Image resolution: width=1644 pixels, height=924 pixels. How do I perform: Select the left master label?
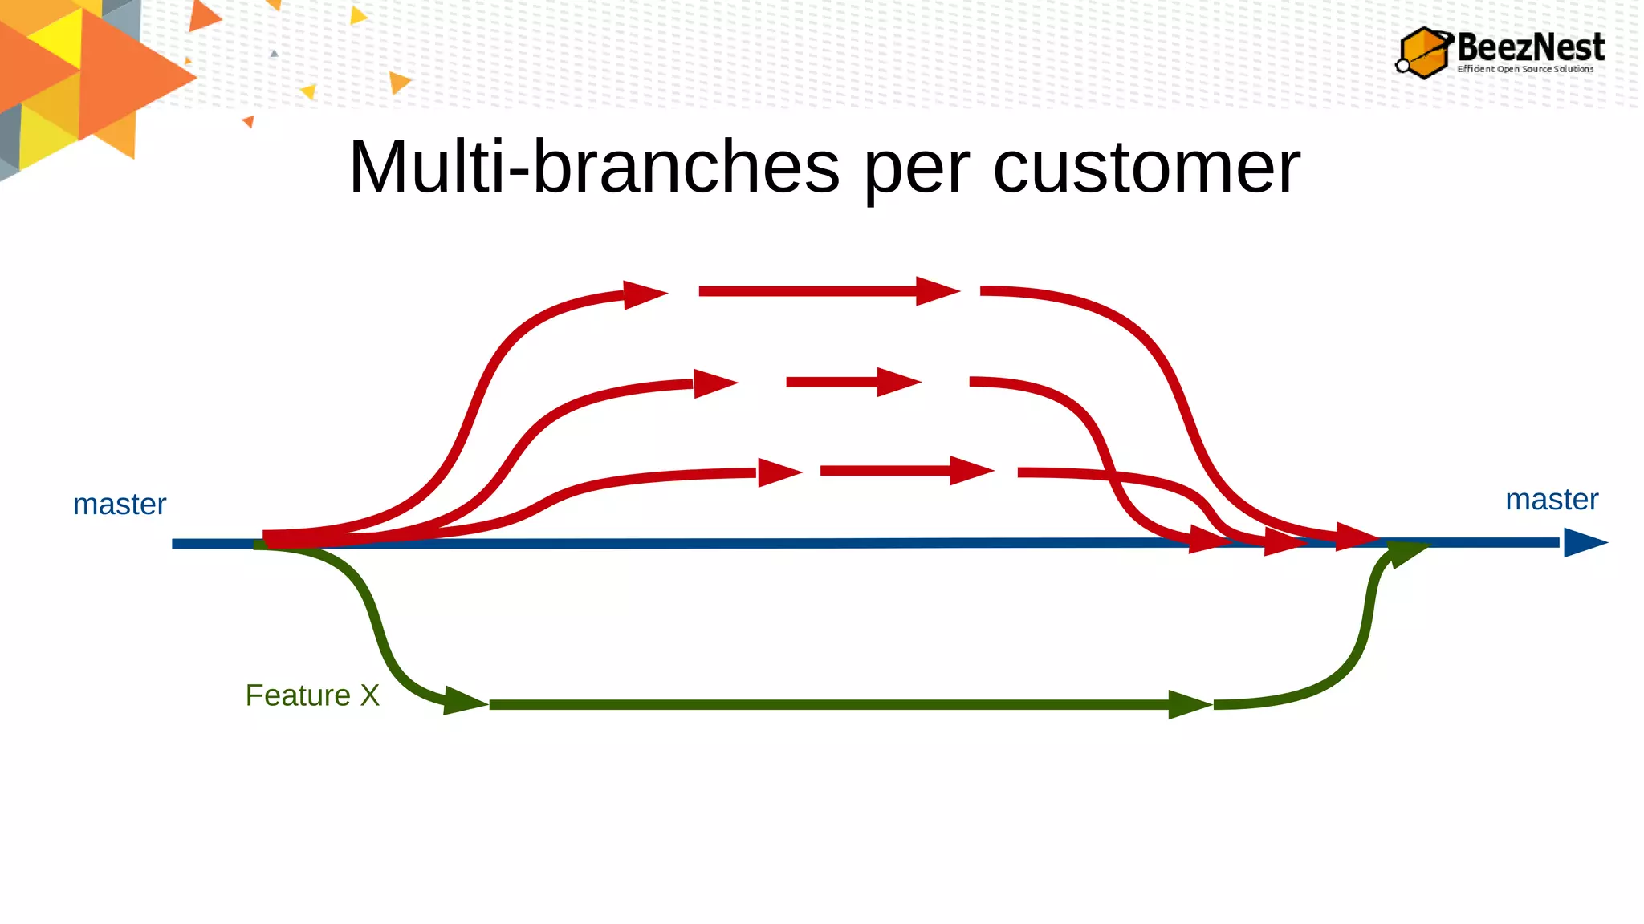(x=120, y=505)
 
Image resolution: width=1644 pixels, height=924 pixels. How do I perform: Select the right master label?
(x=1551, y=500)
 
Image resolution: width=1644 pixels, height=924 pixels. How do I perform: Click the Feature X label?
(x=312, y=695)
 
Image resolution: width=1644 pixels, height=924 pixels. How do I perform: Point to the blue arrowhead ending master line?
(x=1583, y=543)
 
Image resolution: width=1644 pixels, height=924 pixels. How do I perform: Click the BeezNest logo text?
(x=1530, y=47)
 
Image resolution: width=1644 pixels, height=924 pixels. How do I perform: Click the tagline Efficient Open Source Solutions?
(x=1525, y=70)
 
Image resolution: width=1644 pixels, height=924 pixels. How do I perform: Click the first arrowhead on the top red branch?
(x=644, y=294)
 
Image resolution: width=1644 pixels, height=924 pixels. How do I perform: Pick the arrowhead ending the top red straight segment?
(x=936, y=291)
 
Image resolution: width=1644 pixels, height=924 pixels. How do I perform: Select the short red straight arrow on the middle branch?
(x=851, y=382)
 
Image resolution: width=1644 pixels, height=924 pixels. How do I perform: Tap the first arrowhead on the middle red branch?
(x=714, y=383)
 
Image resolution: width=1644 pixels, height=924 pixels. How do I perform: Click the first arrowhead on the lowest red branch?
(x=778, y=472)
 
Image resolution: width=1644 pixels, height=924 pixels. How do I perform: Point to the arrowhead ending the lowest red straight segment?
(x=970, y=471)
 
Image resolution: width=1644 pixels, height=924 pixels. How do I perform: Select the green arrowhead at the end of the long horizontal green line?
(x=1188, y=704)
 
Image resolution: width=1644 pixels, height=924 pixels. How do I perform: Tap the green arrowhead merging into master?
(x=1406, y=553)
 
